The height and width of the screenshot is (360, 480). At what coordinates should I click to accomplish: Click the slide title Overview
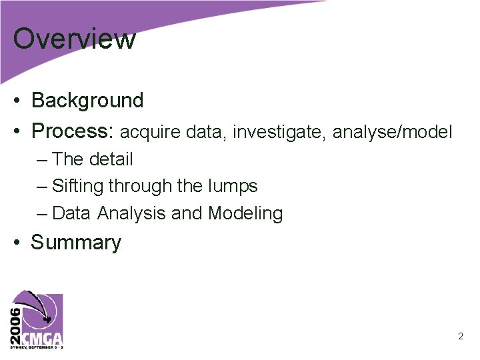point(74,39)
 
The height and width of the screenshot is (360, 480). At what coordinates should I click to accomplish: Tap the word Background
point(87,101)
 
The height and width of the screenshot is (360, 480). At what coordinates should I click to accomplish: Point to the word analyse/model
point(393,133)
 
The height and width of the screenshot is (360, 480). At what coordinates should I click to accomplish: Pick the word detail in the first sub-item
point(111,159)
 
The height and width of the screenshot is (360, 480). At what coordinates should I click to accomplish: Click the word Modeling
point(245,213)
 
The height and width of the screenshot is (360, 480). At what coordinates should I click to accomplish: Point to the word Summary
point(76,243)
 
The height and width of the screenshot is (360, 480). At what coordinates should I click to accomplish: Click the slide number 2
point(461,337)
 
